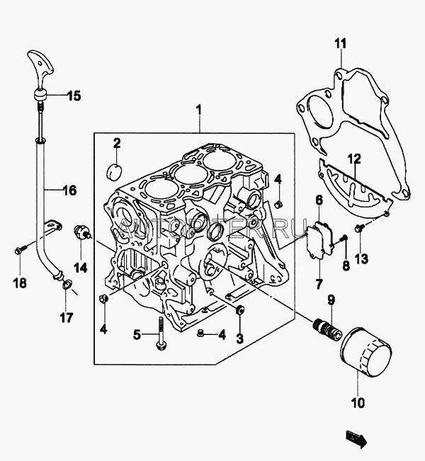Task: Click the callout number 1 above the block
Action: (x=199, y=110)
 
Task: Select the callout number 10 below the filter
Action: (x=357, y=404)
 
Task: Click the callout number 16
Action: (x=69, y=190)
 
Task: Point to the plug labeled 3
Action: (x=239, y=309)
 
